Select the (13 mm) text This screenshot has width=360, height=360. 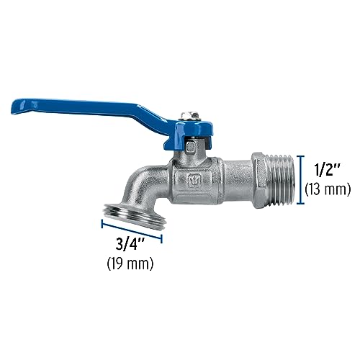pos(327,191)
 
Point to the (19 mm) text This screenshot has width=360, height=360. pos(130,264)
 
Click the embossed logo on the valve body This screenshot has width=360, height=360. pos(194,179)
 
